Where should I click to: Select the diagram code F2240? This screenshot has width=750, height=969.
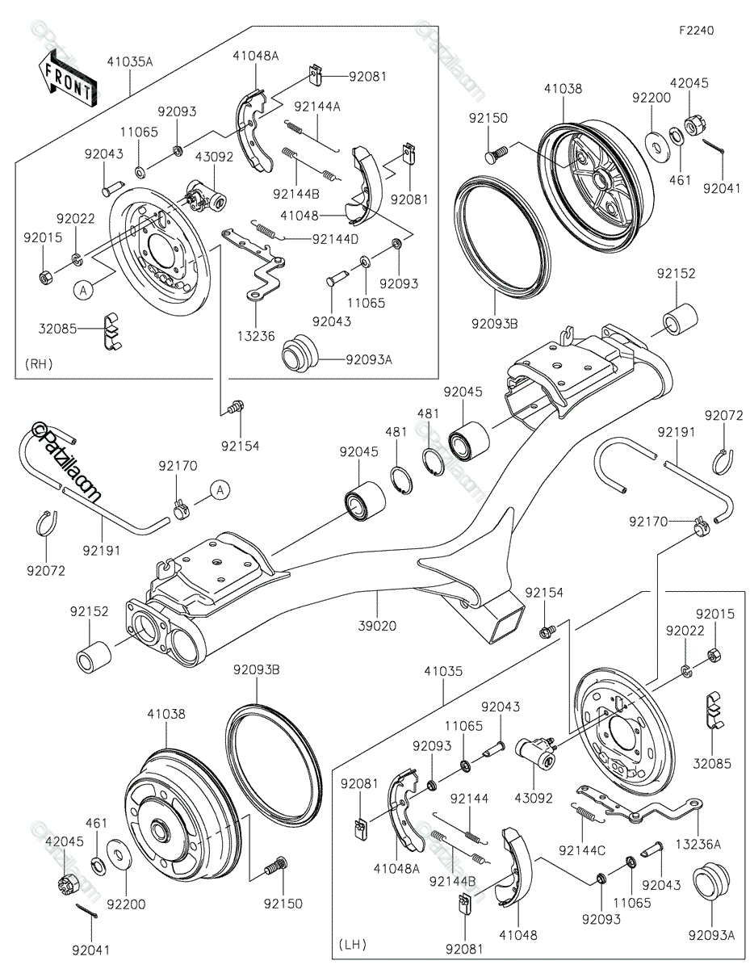click(696, 30)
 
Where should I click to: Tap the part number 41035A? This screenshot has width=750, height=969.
click(129, 61)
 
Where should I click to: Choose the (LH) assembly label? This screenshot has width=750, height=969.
click(351, 943)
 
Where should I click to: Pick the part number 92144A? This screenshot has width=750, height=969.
click(317, 107)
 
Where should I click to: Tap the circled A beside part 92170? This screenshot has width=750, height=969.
click(220, 489)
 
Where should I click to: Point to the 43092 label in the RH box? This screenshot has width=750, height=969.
click(214, 157)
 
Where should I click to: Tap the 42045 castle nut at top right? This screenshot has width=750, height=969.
click(692, 125)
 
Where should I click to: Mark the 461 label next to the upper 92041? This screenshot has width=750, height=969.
click(681, 180)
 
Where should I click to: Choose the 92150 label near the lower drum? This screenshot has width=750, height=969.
click(283, 904)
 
